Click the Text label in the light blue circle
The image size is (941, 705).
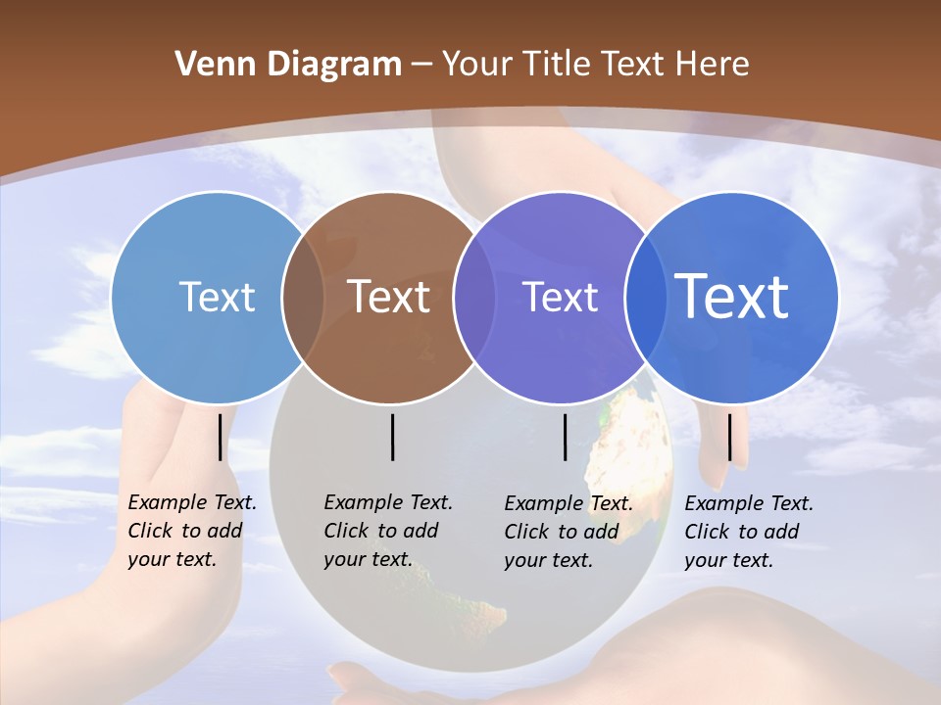[217, 297]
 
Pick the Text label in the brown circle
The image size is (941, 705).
[389, 297]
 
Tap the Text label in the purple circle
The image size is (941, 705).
[560, 297]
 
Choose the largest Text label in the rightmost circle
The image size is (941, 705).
[732, 297]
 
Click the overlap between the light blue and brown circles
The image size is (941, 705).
[303, 297]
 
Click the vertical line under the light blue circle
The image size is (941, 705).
[221, 437]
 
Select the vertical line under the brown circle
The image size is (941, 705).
[392, 437]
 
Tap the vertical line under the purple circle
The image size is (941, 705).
[566, 437]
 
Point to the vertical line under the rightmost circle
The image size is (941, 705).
[729, 437]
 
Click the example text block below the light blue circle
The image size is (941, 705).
[191, 531]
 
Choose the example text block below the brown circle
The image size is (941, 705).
[387, 531]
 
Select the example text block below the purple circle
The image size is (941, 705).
[568, 532]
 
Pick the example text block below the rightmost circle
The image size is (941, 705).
[748, 532]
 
